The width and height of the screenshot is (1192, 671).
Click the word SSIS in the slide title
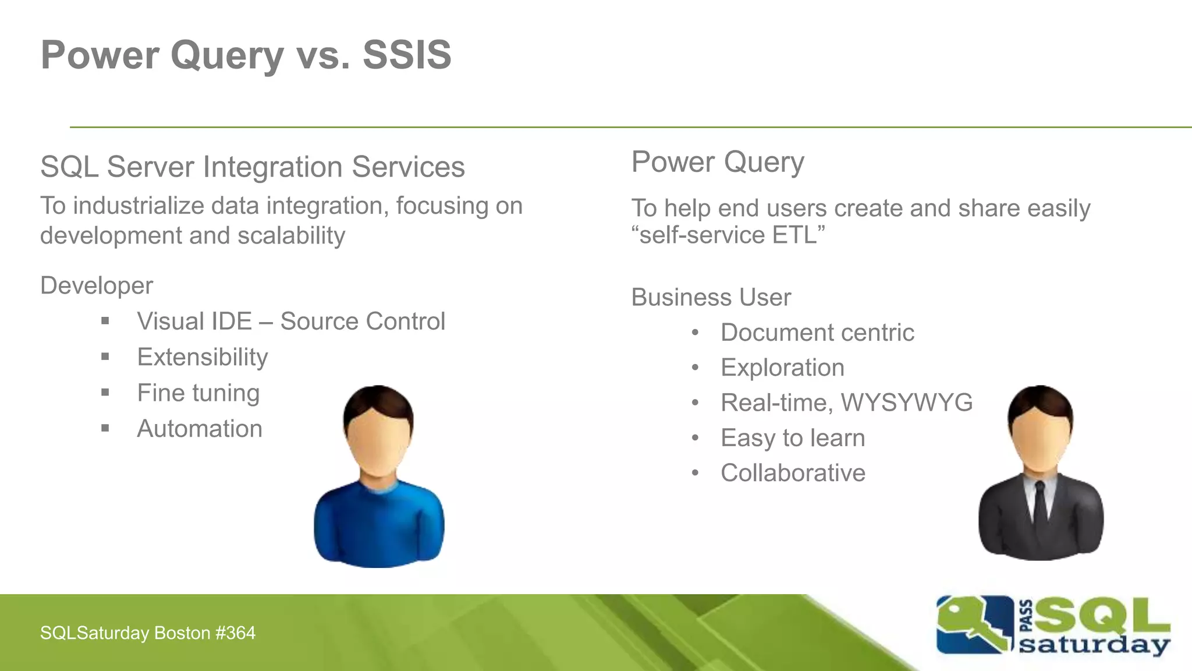point(407,55)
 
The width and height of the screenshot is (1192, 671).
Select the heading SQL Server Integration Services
point(252,167)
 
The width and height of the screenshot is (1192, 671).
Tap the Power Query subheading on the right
point(718,162)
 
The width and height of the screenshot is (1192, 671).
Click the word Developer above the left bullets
point(97,286)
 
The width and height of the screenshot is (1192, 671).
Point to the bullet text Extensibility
point(203,357)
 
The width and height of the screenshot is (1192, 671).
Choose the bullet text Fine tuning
point(198,393)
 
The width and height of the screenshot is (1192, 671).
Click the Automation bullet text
point(200,429)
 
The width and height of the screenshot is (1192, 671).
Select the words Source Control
point(363,322)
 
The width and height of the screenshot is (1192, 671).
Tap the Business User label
point(711,298)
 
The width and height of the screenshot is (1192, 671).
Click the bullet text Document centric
point(817,333)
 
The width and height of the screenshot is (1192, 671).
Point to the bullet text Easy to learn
point(793,438)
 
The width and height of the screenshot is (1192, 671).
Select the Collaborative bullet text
point(793,473)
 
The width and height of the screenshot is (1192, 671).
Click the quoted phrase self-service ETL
point(728,236)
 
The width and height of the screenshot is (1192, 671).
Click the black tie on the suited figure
point(1040,504)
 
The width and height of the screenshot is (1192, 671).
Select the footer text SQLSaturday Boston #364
point(148,633)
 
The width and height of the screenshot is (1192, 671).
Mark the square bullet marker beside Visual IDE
point(105,321)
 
